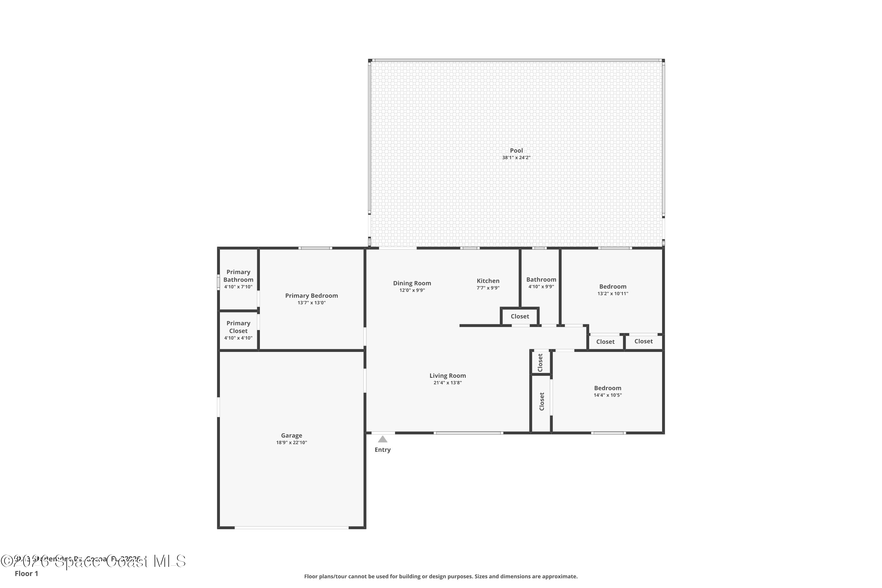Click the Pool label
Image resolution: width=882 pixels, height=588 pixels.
pyautogui.click(x=516, y=150)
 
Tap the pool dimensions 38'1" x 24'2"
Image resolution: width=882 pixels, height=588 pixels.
pyautogui.click(x=516, y=158)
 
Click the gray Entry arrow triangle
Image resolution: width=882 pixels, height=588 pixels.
pyautogui.click(x=382, y=439)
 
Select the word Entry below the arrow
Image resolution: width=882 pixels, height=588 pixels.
pyautogui.click(x=382, y=450)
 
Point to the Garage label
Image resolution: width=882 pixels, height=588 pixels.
pyautogui.click(x=291, y=435)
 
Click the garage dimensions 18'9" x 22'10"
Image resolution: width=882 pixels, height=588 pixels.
pyautogui.click(x=291, y=442)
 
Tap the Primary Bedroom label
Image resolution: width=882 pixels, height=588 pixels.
pyautogui.click(x=311, y=295)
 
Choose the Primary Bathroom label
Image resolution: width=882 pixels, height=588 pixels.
pyautogui.click(x=238, y=276)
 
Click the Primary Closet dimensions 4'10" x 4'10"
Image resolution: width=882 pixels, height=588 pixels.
pyautogui.click(x=238, y=338)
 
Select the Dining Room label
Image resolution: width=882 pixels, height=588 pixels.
pyautogui.click(x=412, y=283)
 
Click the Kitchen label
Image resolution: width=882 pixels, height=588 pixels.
pyautogui.click(x=488, y=280)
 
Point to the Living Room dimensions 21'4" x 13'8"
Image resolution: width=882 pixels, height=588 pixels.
pyautogui.click(x=447, y=382)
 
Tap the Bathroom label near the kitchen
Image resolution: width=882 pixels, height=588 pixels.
pyautogui.click(x=541, y=279)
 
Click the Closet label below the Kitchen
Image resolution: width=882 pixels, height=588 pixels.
pyautogui.click(x=520, y=316)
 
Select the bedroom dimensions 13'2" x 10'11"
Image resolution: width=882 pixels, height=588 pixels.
pyautogui.click(x=612, y=294)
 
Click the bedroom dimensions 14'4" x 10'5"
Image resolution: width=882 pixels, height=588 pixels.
pyautogui.click(x=607, y=395)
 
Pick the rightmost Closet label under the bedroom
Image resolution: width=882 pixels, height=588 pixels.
pyautogui.click(x=644, y=341)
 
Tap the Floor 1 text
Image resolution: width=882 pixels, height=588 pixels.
pyautogui.click(x=26, y=573)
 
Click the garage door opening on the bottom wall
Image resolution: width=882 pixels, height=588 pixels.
pyautogui.click(x=291, y=528)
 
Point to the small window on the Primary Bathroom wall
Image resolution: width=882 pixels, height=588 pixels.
pyautogui.click(x=218, y=282)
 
